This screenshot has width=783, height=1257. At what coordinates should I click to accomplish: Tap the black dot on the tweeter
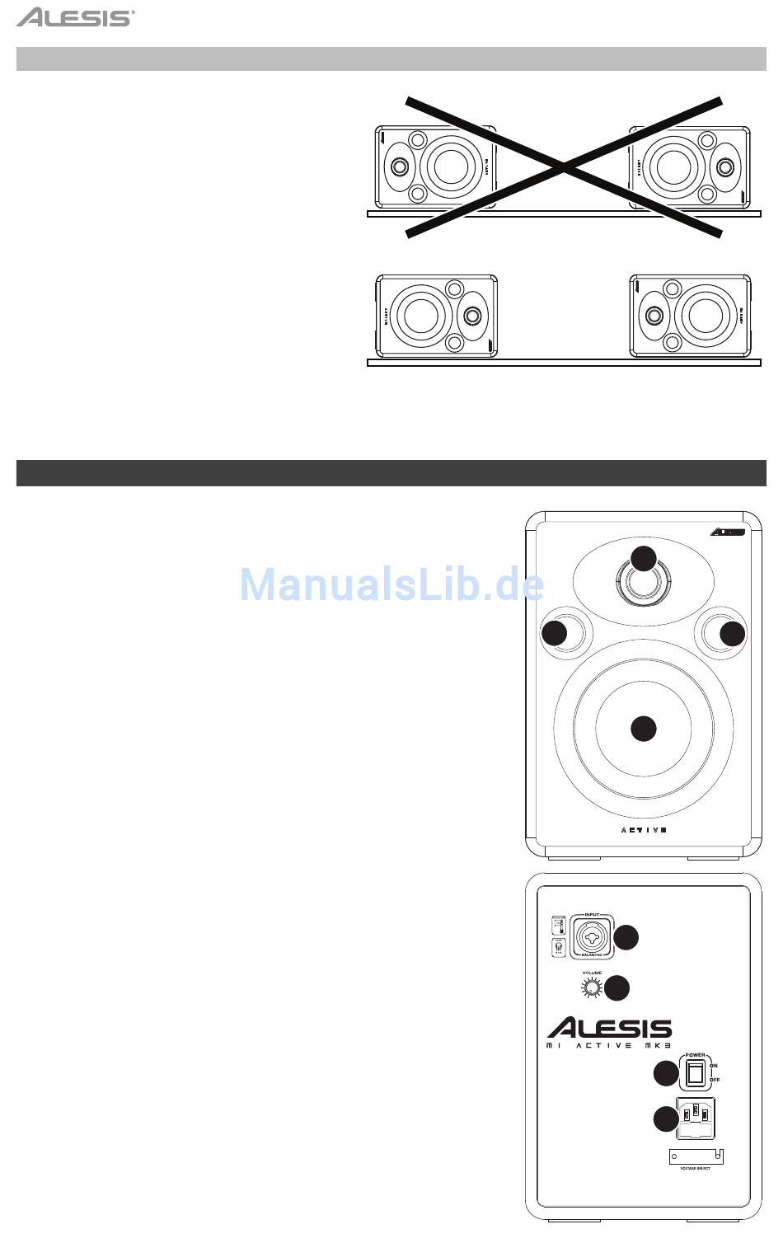644,558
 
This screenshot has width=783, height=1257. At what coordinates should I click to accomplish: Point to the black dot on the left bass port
555,634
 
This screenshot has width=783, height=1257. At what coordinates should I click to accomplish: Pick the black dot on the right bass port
732,634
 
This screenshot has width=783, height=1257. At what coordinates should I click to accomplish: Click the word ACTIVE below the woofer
643,830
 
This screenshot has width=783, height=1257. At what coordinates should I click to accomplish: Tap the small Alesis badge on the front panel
728,532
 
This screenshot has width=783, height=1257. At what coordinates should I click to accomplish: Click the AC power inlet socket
696,1117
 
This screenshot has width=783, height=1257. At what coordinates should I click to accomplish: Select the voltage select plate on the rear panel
696,1156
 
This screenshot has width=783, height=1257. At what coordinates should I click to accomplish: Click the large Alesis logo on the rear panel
610,1029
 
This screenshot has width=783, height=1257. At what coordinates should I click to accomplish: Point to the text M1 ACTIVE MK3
610,1046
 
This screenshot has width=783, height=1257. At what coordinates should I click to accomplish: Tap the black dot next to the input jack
626,937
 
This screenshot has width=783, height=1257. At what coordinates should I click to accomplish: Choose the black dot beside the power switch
665,1074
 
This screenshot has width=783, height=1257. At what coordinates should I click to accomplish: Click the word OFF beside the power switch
715,1080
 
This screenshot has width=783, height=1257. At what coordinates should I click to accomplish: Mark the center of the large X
565,167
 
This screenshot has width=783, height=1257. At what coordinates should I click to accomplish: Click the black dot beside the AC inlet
665,1119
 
